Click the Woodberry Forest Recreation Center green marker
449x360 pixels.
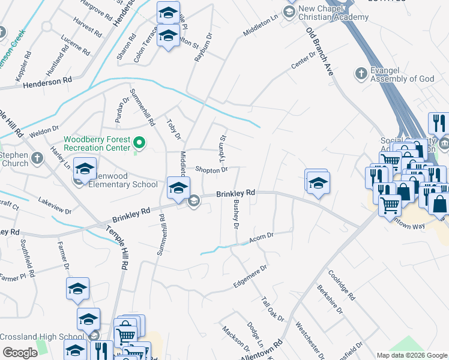tap(139, 143)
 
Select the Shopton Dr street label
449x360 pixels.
tap(211, 170)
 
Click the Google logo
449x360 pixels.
tap(20, 353)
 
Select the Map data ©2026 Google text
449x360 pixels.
tap(412, 355)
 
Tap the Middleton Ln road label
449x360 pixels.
tap(261, 26)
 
